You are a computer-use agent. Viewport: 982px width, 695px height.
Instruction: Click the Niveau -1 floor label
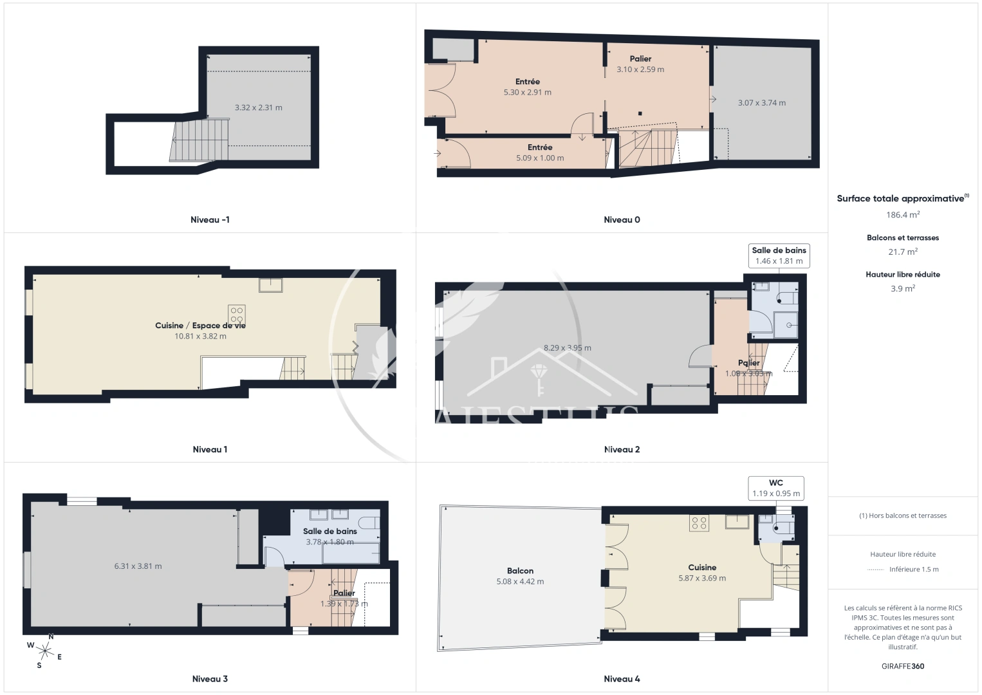[210, 219]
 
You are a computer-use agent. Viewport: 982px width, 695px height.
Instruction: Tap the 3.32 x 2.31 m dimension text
[258, 107]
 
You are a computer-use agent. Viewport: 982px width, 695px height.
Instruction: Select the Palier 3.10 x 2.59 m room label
[640, 64]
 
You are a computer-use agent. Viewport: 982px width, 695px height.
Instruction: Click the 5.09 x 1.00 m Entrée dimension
[540, 158]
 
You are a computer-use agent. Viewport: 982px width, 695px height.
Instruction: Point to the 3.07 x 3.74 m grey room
[761, 102]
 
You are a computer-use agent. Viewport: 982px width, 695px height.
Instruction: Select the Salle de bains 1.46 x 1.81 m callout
[779, 255]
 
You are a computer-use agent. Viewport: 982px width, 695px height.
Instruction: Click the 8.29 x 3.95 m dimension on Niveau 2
[567, 347]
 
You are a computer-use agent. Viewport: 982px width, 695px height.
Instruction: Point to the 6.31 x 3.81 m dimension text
[138, 566]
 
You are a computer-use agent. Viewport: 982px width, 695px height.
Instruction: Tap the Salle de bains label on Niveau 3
[329, 531]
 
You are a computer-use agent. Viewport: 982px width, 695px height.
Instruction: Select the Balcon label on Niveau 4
[520, 571]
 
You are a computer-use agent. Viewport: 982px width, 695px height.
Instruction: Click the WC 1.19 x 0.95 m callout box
[775, 488]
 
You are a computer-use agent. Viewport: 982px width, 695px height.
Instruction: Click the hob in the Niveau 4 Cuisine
[699, 523]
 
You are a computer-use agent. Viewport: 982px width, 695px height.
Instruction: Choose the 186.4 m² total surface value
[902, 215]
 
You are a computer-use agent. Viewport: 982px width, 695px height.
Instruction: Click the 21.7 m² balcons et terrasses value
[902, 252]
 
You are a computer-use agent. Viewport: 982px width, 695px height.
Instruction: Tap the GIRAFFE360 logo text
[902, 666]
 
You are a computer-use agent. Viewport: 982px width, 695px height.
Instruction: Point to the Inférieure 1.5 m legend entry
[913, 569]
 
